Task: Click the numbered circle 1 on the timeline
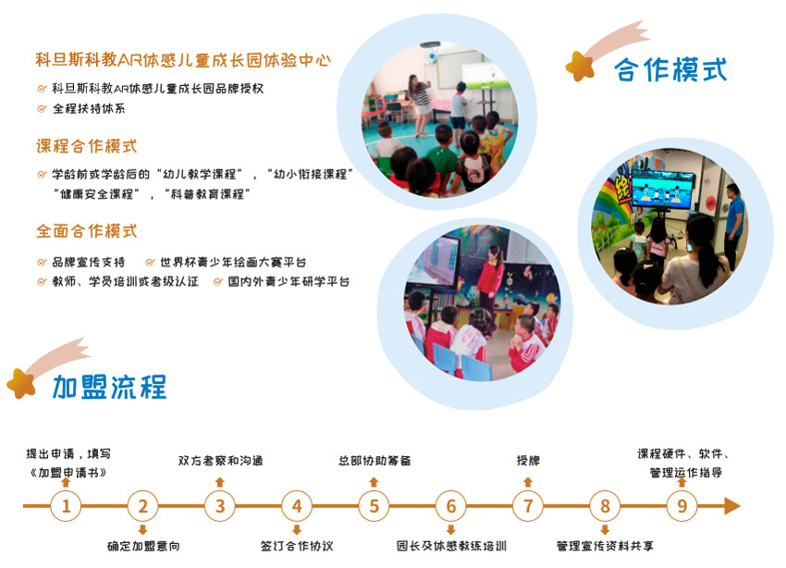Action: [66, 506]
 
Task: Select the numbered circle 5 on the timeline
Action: [374, 506]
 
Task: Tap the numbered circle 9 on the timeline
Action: [682, 506]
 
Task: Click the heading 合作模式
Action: [670, 69]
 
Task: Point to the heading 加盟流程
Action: [109, 387]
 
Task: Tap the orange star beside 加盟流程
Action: [21, 384]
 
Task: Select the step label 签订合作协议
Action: [297, 546]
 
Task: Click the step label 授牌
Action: [528, 460]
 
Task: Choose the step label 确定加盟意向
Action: [143, 546]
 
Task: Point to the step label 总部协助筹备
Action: [375, 460]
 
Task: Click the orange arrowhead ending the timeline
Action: [732, 506]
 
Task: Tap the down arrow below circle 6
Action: [450, 529]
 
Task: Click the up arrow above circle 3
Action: [219, 482]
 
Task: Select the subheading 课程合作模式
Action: [86, 146]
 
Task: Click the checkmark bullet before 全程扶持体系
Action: [43, 109]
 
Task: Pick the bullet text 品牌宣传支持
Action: [88, 262]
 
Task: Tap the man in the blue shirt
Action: [734, 220]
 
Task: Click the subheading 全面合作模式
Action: [86, 231]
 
